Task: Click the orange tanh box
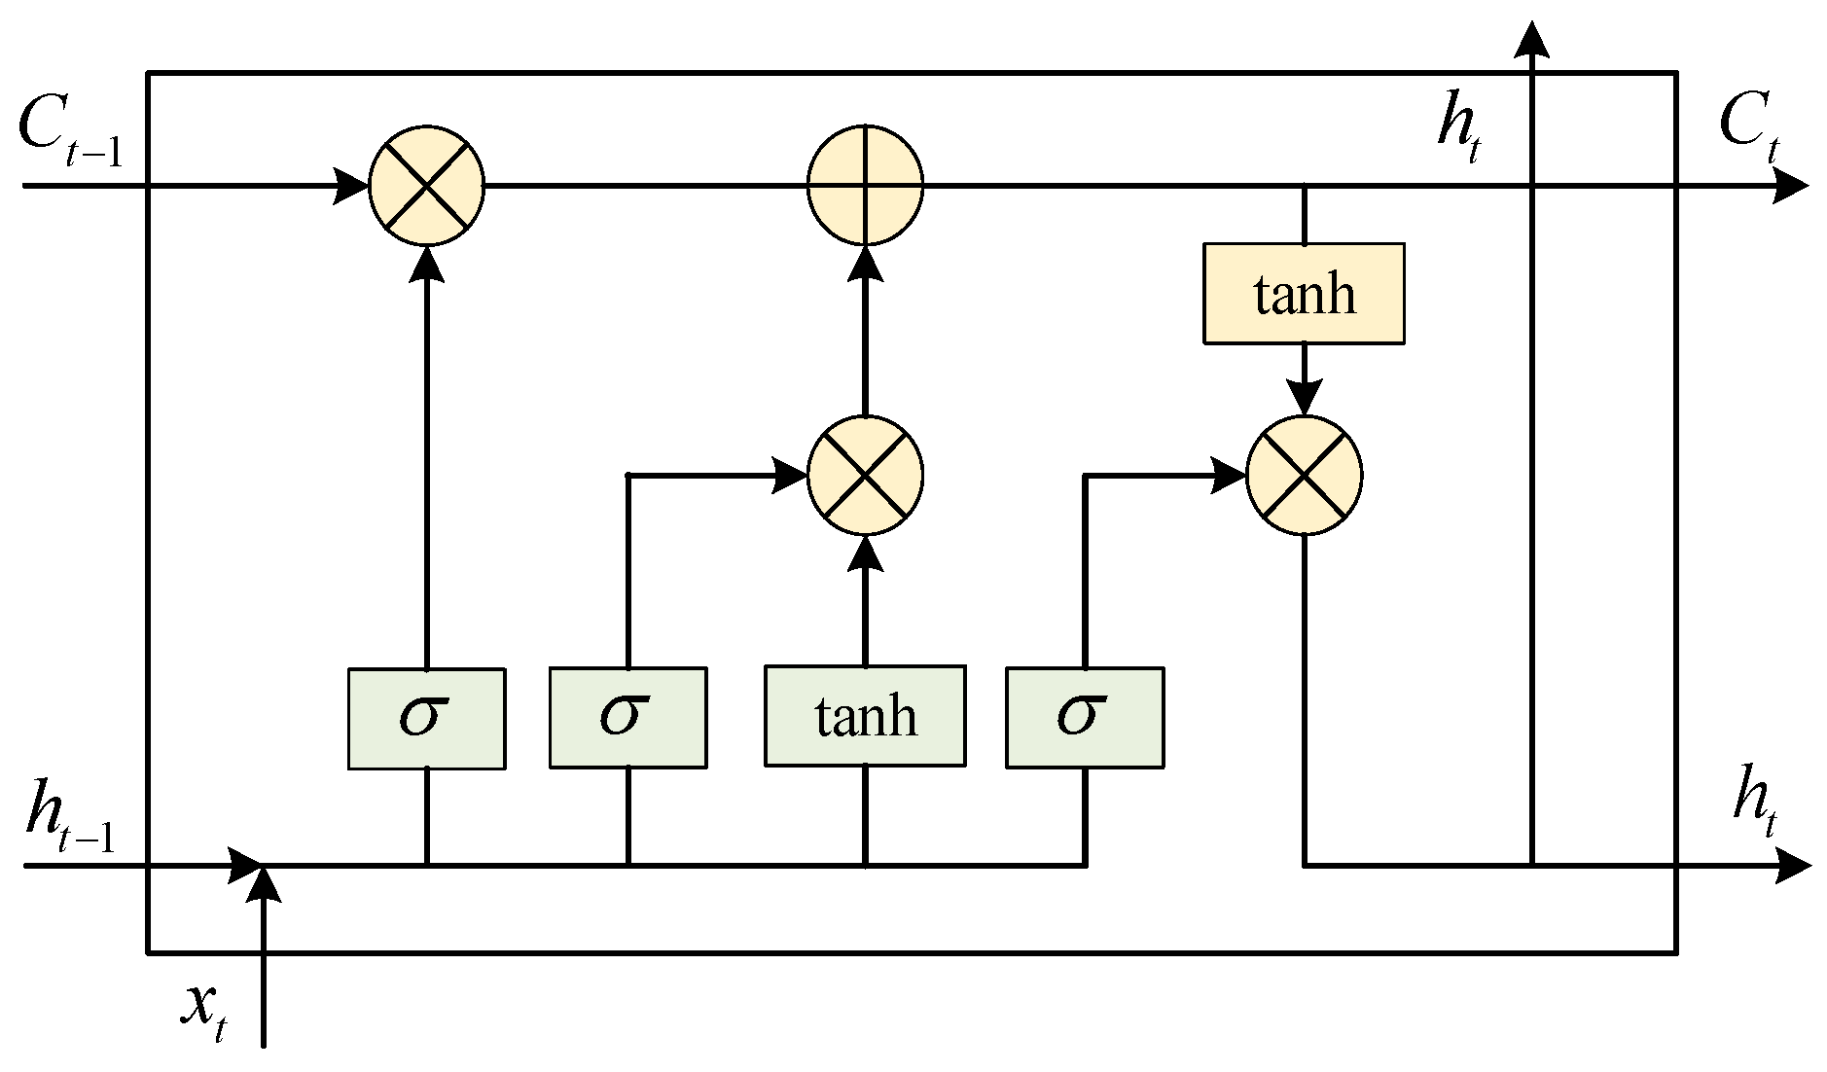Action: [x=1304, y=293]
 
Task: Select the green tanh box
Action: [x=865, y=716]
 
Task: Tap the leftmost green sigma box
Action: [x=426, y=718]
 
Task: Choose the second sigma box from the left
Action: [x=627, y=718]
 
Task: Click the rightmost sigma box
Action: [x=1084, y=718]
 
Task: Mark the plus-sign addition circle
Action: [x=865, y=184]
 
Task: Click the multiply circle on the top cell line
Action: [x=426, y=184]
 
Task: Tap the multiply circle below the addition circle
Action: [x=865, y=476]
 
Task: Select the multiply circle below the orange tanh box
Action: [x=1304, y=476]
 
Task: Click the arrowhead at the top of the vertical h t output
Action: [x=1532, y=39]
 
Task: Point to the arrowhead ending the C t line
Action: [x=1790, y=184]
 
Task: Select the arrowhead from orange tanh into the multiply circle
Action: [x=1304, y=397]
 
